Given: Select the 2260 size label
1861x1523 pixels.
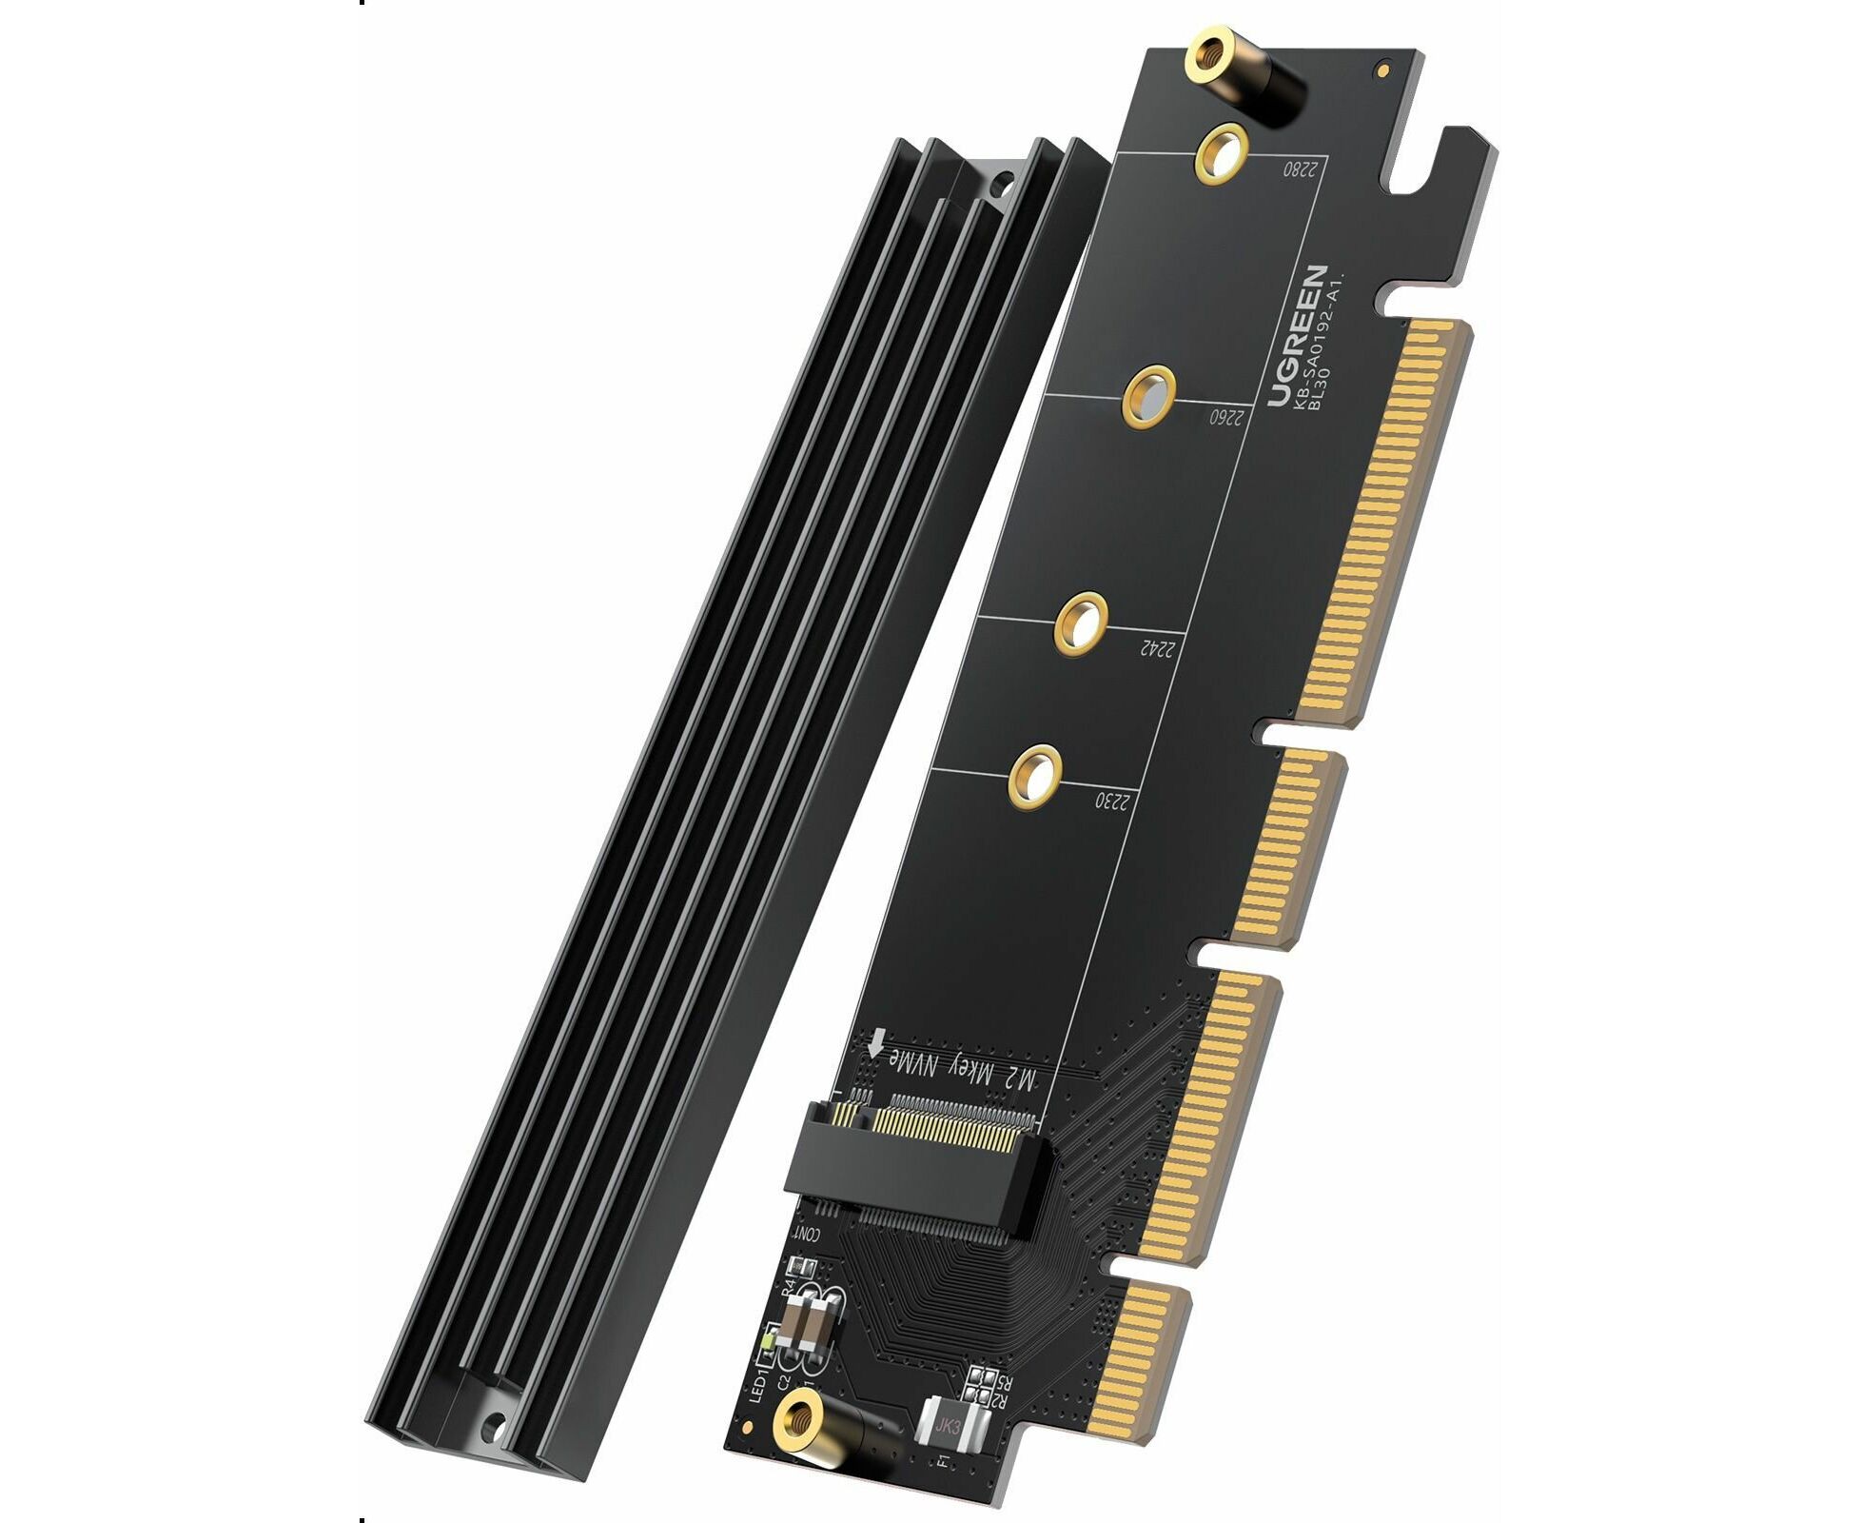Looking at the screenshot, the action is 1227,417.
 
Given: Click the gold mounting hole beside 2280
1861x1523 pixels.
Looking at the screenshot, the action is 1222,152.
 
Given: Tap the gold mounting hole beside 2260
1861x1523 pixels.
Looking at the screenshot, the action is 1149,396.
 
